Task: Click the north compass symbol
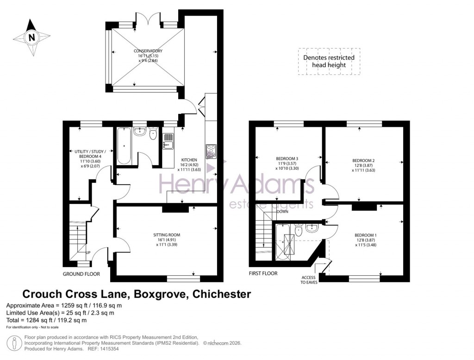(31, 37)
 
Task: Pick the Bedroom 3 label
(287, 163)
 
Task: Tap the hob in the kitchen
(211, 151)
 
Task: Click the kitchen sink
(168, 141)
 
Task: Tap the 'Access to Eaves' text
(308, 279)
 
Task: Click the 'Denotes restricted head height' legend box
(329, 61)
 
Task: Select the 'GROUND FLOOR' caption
(81, 274)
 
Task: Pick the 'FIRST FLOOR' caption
(262, 273)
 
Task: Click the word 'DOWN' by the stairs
(283, 211)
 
